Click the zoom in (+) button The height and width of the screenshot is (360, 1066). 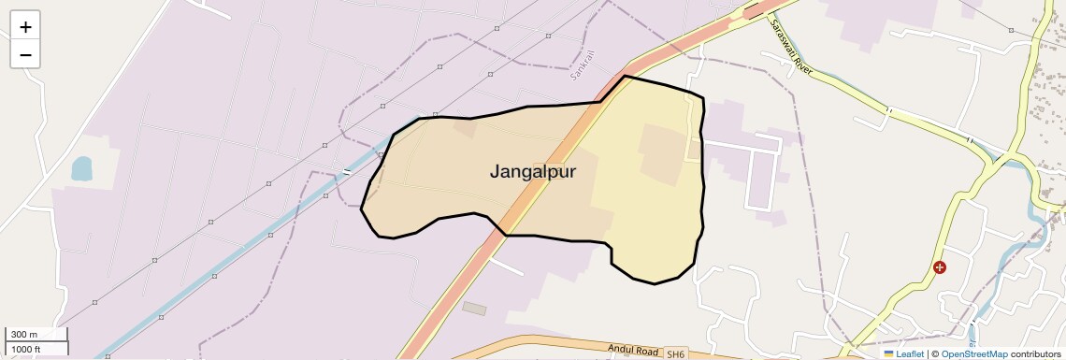click(x=25, y=26)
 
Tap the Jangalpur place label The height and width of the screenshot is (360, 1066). click(x=533, y=172)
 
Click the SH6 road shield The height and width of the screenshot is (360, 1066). click(x=675, y=354)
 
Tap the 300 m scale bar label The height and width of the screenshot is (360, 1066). click(x=22, y=335)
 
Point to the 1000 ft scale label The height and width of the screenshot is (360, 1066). click(x=25, y=349)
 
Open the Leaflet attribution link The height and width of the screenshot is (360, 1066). click(x=909, y=354)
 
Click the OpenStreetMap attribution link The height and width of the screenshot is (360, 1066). click(x=973, y=354)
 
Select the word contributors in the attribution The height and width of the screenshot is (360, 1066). click(x=1037, y=354)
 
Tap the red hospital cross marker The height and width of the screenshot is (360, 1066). click(x=940, y=267)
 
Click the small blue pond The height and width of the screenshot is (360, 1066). click(x=81, y=168)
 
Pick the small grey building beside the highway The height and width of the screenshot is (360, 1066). click(x=475, y=308)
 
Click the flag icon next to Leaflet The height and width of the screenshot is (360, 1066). click(x=889, y=354)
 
